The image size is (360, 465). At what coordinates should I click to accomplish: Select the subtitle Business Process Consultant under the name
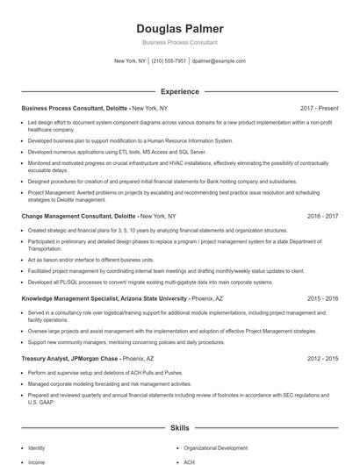click(180, 42)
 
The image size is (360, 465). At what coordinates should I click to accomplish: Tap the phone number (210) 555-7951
click(169, 61)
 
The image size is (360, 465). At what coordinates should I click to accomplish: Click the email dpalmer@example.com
click(219, 61)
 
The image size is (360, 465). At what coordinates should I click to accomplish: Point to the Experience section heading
click(180, 91)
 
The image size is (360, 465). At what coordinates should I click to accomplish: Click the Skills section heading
click(180, 428)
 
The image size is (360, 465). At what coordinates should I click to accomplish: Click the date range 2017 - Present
click(319, 108)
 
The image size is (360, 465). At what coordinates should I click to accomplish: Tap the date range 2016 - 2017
click(322, 215)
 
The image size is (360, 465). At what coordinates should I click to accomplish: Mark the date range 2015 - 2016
click(322, 299)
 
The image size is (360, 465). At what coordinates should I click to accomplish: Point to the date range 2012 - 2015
click(322, 359)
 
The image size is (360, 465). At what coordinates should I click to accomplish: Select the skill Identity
click(37, 447)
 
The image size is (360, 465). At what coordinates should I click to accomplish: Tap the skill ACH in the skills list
click(191, 461)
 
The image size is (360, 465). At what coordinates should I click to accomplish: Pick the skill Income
click(37, 461)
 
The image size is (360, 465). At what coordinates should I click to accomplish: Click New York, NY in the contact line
click(131, 61)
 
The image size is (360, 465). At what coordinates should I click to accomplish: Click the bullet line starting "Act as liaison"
click(75, 261)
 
